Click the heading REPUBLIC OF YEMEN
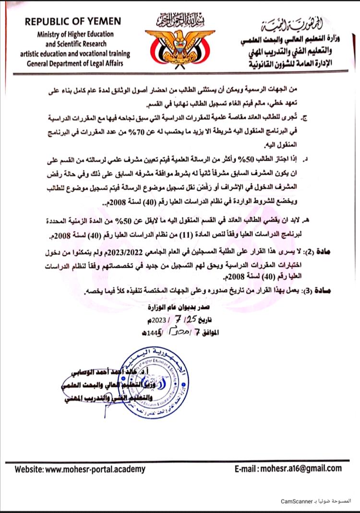pos(73,21)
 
